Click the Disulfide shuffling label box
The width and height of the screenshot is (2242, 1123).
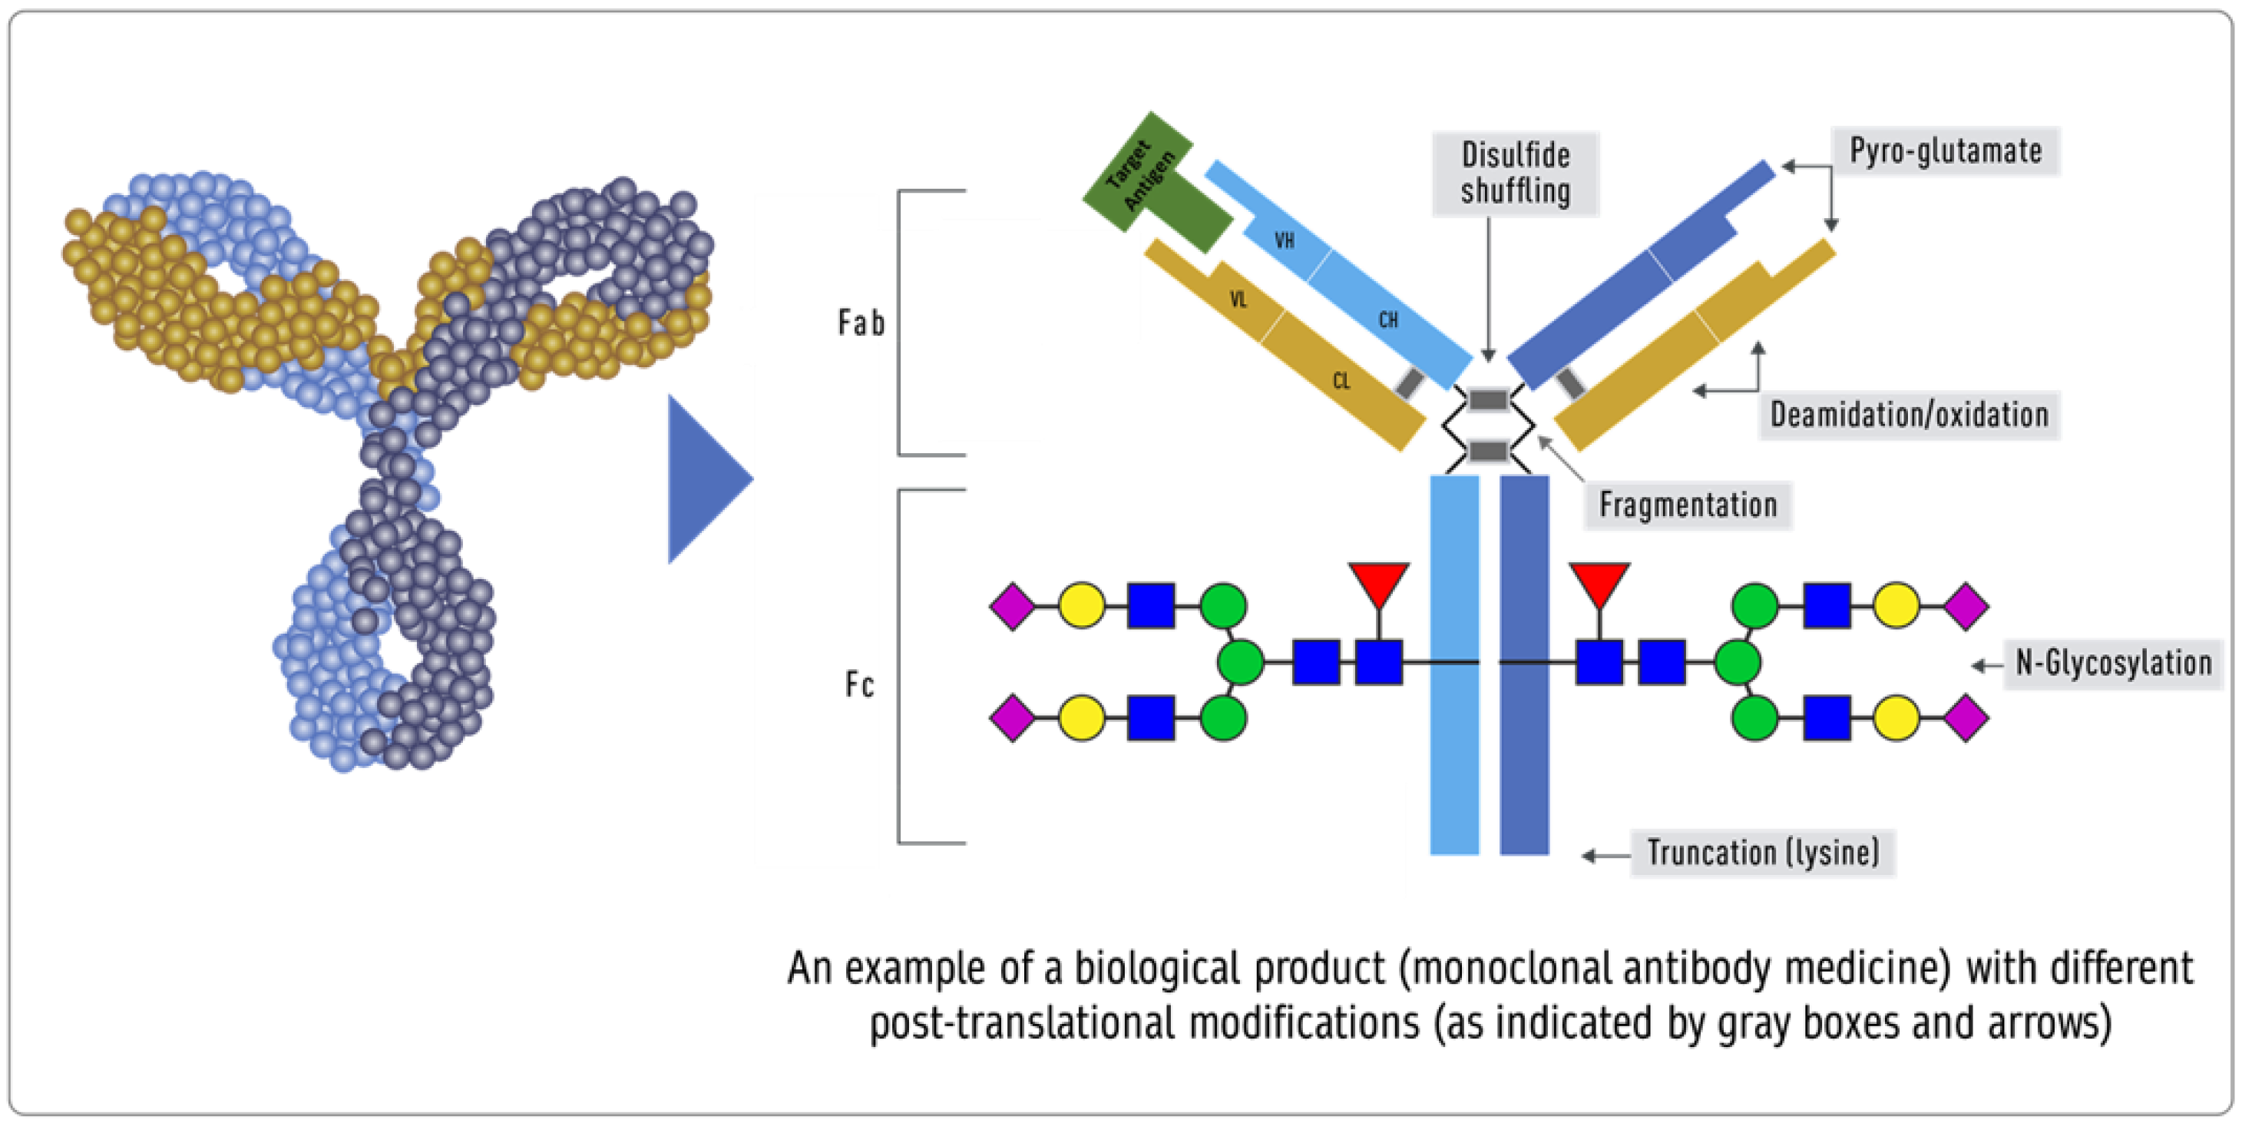tap(1515, 174)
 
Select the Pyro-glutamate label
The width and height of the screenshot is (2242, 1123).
tap(1945, 151)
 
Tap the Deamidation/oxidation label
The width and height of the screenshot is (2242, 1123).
tap(1909, 416)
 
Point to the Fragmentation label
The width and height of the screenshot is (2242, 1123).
tap(1688, 505)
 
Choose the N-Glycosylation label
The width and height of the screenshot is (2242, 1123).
tap(2113, 664)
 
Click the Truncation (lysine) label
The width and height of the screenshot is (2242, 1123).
tap(1762, 853)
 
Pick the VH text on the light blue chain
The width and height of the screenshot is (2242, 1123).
tap(1285, 240)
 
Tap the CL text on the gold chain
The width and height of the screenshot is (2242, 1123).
tap(1341, 380)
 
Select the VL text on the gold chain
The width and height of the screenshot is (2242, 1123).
tap(1238, 300)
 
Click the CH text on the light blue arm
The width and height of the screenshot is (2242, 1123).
tap(1388, 320)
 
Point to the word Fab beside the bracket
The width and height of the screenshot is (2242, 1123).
tap(861, 323)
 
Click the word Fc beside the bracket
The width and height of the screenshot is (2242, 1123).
tap(859, 685)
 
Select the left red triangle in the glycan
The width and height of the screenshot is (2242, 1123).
tap(1379, 581)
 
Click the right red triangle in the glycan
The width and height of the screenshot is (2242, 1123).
tap(1599, 581)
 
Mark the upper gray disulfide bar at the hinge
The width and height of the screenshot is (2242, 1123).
tap(1487, 400)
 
